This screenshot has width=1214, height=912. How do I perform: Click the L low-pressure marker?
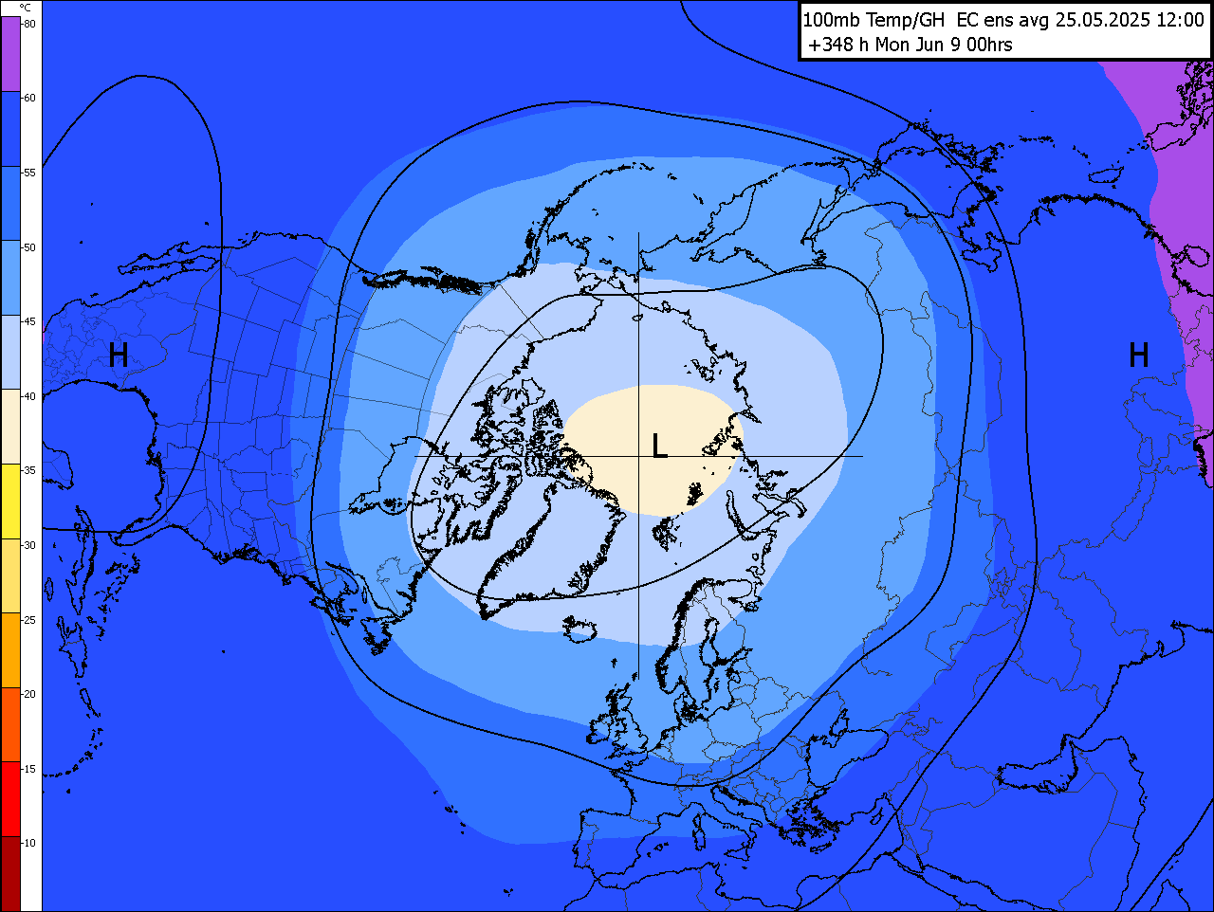point(659,446)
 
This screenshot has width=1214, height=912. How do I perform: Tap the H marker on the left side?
point(119,356)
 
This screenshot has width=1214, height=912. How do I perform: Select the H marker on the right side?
point(1139,356)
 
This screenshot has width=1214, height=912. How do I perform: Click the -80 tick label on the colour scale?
point(29,24)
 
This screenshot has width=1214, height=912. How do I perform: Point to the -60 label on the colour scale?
point(29,98)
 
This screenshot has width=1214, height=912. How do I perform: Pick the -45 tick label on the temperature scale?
point(29,321)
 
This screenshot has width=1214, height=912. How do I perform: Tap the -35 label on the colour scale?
point(29,470)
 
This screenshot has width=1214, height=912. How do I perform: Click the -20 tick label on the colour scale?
point(29,694)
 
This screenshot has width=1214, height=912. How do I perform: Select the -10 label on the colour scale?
point(29,843)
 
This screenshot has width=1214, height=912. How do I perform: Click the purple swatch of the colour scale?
point(10,54)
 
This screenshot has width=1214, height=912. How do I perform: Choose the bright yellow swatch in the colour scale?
point(10,502)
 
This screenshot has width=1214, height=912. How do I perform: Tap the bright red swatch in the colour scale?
point(10,799)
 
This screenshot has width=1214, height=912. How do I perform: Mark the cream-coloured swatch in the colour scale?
point(10,427)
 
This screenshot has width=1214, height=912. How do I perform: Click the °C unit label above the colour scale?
point(26,8)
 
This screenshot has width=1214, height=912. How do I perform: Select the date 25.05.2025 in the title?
point(1103,20)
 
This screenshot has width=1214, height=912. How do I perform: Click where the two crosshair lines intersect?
point(638,456)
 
